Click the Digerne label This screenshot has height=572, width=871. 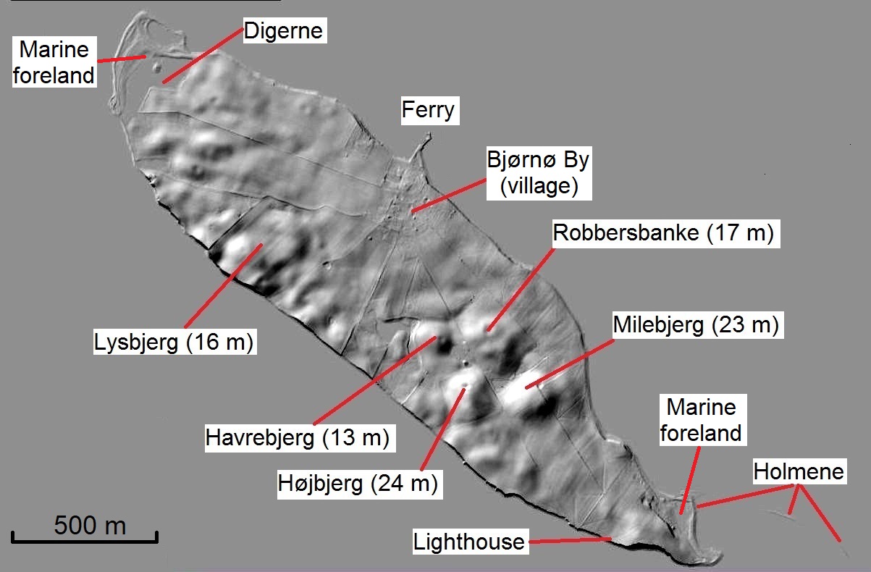283,31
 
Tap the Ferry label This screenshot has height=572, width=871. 428,110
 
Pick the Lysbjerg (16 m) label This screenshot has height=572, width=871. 175,342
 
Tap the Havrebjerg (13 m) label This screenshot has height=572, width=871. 298,438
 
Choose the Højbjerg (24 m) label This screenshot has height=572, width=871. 358,484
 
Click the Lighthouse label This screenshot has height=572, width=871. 468,541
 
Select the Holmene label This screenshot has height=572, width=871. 799,472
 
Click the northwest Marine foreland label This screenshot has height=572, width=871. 54,62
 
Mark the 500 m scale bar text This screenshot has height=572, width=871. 90,524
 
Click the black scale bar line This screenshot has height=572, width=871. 85,539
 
